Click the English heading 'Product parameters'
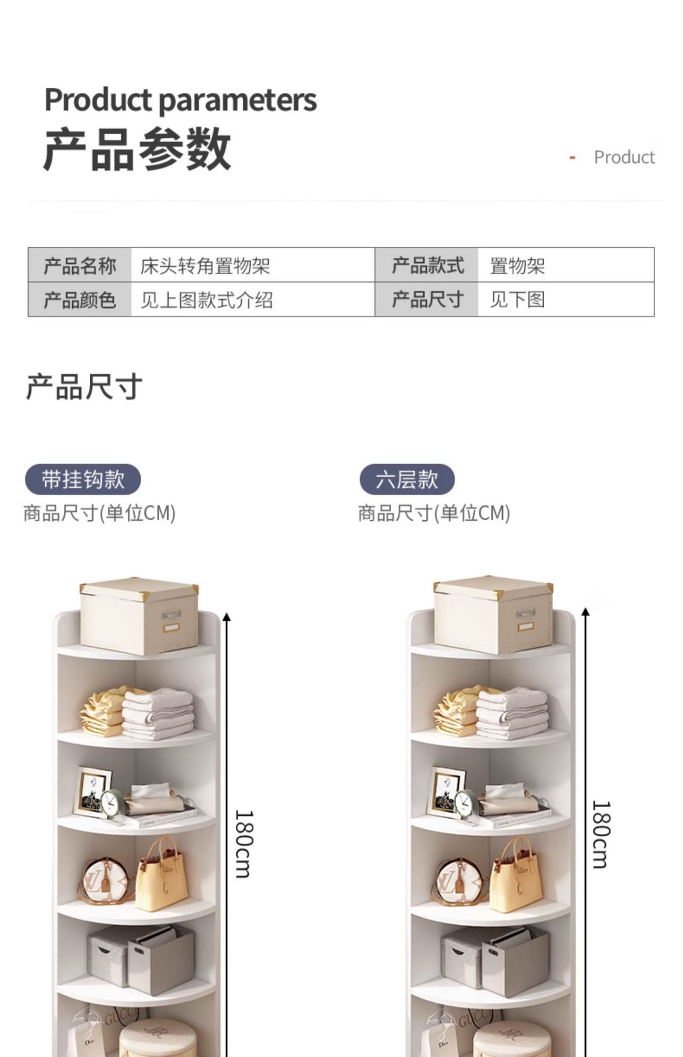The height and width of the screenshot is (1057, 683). (180, 100)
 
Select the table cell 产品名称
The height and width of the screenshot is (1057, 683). (80, 265)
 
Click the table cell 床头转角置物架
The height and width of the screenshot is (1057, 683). (205, 266)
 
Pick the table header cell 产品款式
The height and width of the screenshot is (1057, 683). (427, 265)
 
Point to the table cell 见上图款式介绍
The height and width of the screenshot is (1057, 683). (207, 300)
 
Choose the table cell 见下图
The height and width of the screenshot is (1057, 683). (517, 299)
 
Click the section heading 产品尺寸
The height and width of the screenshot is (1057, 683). (84, 386)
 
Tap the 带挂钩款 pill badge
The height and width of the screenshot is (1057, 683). (83, 480)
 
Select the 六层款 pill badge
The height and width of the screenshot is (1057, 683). (407, 480)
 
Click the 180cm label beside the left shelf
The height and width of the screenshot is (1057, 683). (243, 843)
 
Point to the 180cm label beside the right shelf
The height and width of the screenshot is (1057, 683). (601, 834)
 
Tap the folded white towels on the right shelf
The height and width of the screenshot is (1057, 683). (512, 713)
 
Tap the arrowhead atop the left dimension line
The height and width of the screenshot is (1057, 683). (226, 617)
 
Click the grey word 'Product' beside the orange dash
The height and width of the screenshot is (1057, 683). (624, 157)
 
